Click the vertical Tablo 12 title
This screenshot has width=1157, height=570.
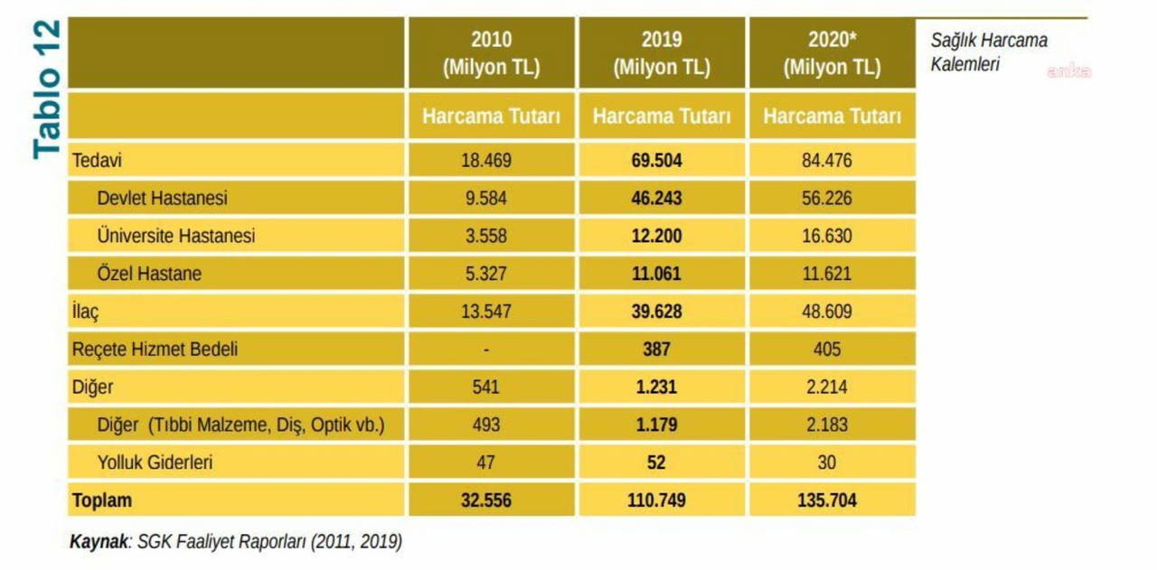tap(47, 89)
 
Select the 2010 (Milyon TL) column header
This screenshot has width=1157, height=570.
tap(491, 53)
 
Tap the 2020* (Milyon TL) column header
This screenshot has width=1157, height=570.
tap(832, 53)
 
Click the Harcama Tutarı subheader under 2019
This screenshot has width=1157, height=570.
tap(662, 117)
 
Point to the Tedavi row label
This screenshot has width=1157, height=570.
tap(97, 162)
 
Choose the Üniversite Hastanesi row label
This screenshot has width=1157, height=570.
tap(175, 236)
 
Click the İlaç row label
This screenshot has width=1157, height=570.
tap(85, 312)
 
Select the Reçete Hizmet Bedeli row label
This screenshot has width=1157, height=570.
tap(155, 349)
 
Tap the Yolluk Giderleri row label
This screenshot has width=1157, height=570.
tap(155, 463)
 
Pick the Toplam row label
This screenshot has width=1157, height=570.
tap(102, 500)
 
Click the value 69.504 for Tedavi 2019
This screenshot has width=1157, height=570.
tap(656, 162)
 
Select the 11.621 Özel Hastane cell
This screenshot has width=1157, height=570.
tap(827, 274)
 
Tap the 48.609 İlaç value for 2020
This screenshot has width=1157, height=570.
tap(827, 312)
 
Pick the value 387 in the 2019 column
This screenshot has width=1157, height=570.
tap(656, 350)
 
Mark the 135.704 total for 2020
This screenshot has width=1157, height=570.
tap(827, 500)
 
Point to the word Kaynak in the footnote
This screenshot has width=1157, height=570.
tap(98, 542)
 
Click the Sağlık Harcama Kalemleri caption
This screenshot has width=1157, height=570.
tap(989, 53)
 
